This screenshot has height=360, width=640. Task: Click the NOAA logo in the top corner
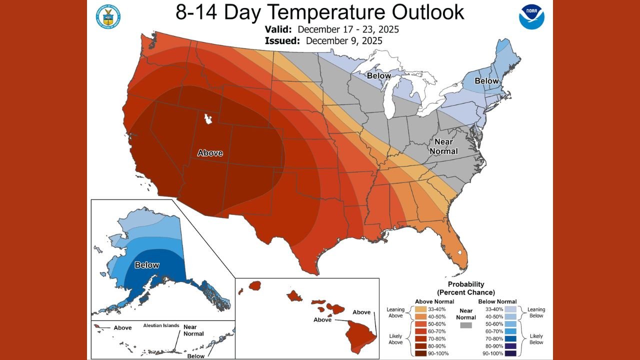point(531,16)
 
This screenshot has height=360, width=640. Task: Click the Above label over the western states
point(210,153)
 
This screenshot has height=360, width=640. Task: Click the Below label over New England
point(486,81)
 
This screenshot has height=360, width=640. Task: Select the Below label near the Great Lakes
point(379,75)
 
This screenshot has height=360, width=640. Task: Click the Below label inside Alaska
point(147,265)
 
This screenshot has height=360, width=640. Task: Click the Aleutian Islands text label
point(161,325)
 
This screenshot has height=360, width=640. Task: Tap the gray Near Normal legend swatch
point(466,325)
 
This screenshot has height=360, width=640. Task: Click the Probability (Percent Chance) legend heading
point(466,288)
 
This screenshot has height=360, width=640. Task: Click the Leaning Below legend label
point(536,313)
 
